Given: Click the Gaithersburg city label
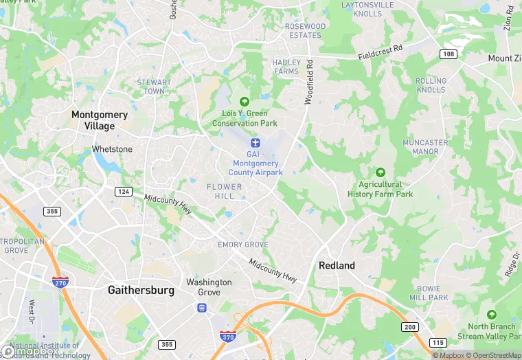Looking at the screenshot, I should (x=141, y=291).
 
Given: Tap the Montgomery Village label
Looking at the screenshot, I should (x=100, y=120).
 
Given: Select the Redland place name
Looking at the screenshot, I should (x=337, y=265).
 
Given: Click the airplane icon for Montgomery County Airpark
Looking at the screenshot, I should (x=256, y=143).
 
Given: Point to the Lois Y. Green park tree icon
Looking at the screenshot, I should (x=244, y=102).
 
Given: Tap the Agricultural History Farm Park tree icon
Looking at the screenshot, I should (x=381, y=172).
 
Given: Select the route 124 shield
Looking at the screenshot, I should (x=124, y=191).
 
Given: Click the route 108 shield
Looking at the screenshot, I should (x=449, y=54).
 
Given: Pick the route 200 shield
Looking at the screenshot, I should (x=409, y=326).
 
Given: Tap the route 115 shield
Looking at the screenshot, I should (x=437, y=342).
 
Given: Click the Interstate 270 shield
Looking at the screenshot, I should (x=60, y=282).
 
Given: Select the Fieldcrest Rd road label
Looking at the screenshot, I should (x=389, y=54).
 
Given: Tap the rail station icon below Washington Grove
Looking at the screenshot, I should (x=202, y=307).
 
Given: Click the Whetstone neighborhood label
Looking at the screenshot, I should (x=112, y=149).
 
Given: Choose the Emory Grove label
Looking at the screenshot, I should (x=243, y=245).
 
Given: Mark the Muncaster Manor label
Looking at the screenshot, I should (x=425, y=147).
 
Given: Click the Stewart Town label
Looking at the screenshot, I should (x=153, y=87).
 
